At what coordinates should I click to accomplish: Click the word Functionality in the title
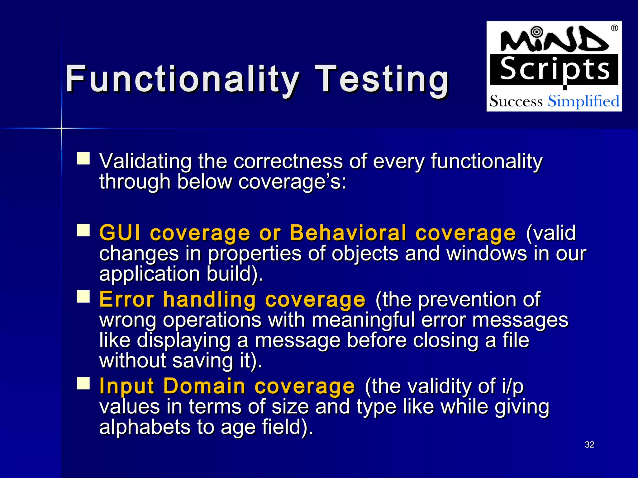(x=182, y=79)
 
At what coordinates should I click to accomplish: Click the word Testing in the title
(x=382, y=79)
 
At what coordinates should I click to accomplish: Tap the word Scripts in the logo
(x=555, y=69)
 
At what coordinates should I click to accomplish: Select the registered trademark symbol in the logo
(x=614, y=28)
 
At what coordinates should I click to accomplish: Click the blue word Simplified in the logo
(x=583, y=101)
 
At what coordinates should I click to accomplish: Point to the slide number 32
(x=589, y=445)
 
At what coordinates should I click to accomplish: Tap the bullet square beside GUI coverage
(x=83, y=230)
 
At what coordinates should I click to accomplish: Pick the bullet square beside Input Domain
(x=83, y=383)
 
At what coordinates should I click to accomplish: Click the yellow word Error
(x=126, y=299)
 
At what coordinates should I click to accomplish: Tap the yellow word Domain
(x=204, y=386)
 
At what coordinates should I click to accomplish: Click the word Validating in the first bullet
(x=145, y=161)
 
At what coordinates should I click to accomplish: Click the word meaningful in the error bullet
(x=363, y=320)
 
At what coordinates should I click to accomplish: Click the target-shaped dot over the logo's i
(x=536, y=31)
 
